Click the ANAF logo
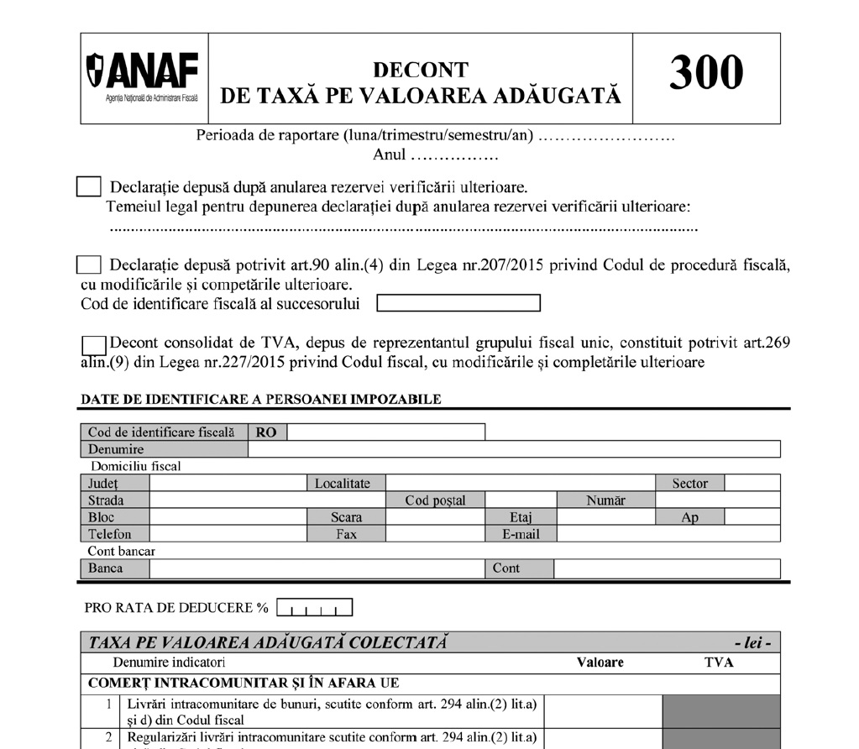tap(144, 77)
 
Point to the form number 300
tap(705, 73)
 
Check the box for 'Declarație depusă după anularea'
tap(88, 186)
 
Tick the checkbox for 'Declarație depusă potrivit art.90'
tap(88, 265)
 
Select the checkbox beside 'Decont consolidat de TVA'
tap(95, 344)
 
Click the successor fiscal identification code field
tap(458, 303)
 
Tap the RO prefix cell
tap(267, 432)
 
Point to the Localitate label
tap(347, 483)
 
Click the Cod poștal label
tap(435, 500)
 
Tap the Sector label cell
tap(689, 483)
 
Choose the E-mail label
tap(521, 534)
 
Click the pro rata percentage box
tap(314, 607)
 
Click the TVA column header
tap(718, 663)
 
